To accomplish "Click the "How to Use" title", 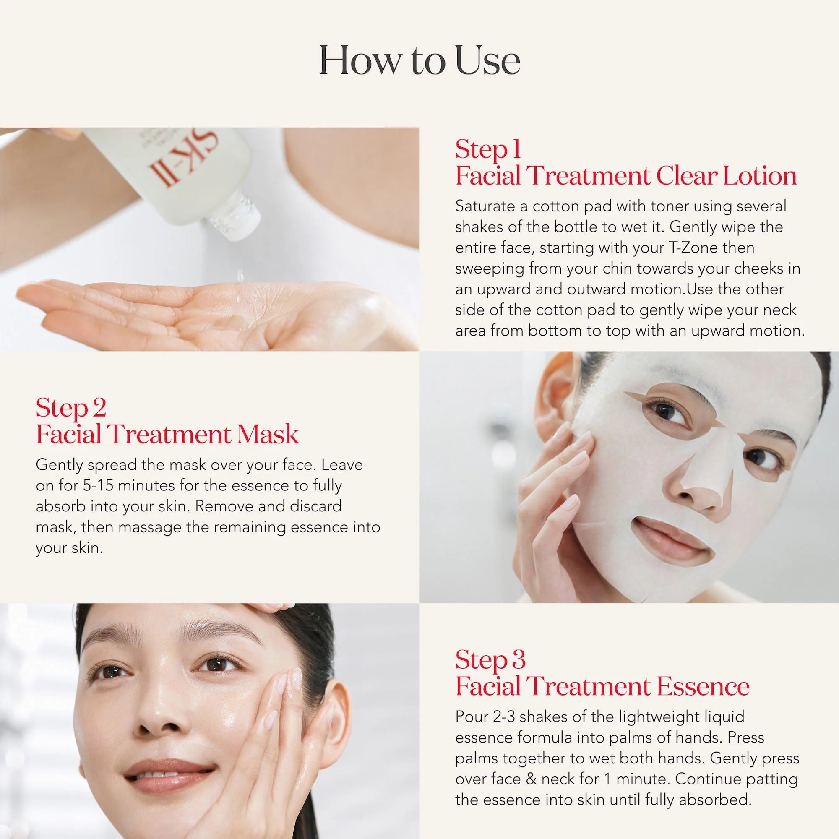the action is (419, 61).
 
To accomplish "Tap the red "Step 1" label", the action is (488, 150).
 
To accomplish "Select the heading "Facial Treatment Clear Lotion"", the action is (626, 176).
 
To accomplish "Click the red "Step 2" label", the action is (71, 408).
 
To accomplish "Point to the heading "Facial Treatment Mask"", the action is (167, 434).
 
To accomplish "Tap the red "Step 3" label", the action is (490, 659).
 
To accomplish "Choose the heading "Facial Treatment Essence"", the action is (602, 686).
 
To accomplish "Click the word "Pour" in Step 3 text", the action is (472, 717).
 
